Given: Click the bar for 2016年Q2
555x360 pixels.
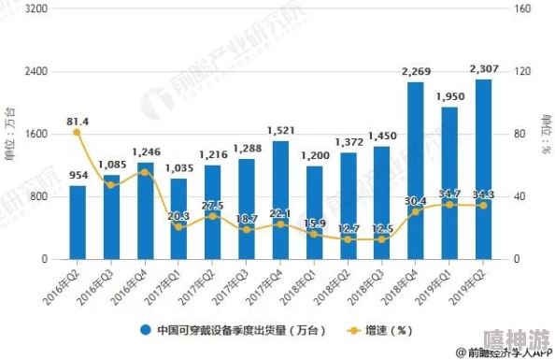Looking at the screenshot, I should tap(78, 223).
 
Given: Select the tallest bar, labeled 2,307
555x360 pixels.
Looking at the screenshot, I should tap(483, 168).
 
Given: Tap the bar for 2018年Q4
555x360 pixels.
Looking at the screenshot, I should tap(416, 170).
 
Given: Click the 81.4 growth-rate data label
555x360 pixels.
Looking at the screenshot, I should tap(78, 122).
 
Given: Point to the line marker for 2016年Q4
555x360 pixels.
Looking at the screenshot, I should tap(145, 172).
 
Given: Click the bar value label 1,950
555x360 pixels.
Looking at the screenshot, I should tap(449, 96).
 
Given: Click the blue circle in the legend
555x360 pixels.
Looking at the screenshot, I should tap(146, 330).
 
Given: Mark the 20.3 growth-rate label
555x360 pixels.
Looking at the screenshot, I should tap(178, 216).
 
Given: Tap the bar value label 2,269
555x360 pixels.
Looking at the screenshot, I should tap(416, 71).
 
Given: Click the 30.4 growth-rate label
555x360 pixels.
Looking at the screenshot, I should tap(416, 201).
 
